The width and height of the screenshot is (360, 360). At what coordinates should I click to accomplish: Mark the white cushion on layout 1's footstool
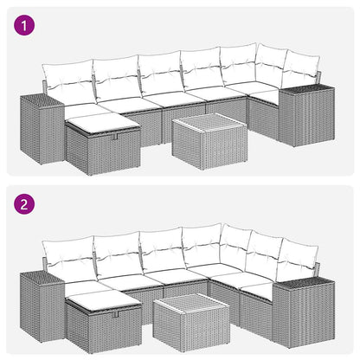(101, 125)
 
